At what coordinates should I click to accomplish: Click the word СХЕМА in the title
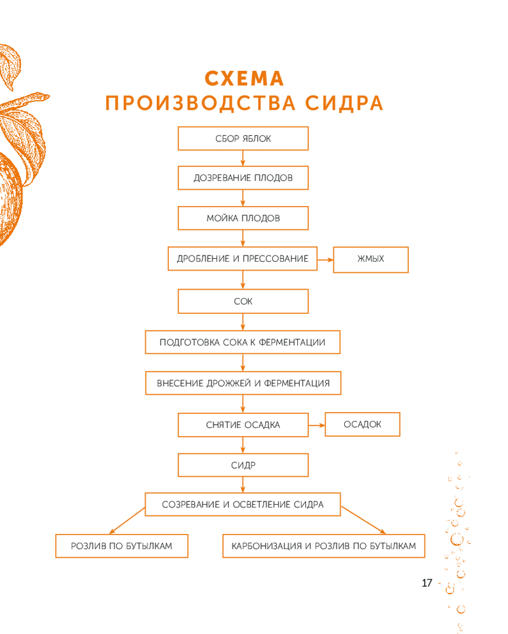pos(244,79)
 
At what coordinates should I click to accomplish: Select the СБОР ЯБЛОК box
pos(243,138)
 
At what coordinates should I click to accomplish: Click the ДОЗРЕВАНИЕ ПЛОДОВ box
pos(243,178)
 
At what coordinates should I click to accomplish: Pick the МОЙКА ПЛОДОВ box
pos(243,218)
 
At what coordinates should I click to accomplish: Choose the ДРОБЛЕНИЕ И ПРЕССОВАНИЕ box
pos(243,259)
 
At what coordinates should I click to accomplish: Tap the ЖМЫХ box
pos(371,259)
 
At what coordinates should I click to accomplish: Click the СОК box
pos(243,301)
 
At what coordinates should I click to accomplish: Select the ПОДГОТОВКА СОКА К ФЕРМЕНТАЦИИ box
pos(243,342)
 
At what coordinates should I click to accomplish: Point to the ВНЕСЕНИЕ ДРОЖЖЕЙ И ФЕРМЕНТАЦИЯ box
pos(243,384)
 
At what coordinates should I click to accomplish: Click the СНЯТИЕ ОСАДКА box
pos(243,425)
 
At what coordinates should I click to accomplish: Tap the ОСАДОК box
pos(363,424)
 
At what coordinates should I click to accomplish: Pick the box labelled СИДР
pos(243,465)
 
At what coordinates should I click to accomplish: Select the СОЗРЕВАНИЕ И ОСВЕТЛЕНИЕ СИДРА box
pos(243,505)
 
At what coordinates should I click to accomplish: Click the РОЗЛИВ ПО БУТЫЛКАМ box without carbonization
pos(122,546)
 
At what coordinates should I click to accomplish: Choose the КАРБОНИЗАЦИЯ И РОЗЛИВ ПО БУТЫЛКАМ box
pos(324,546)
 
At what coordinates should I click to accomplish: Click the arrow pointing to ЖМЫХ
pos(325,259)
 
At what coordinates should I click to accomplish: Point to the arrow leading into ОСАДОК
pos(316,425)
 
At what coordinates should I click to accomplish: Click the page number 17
pos(427,583)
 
